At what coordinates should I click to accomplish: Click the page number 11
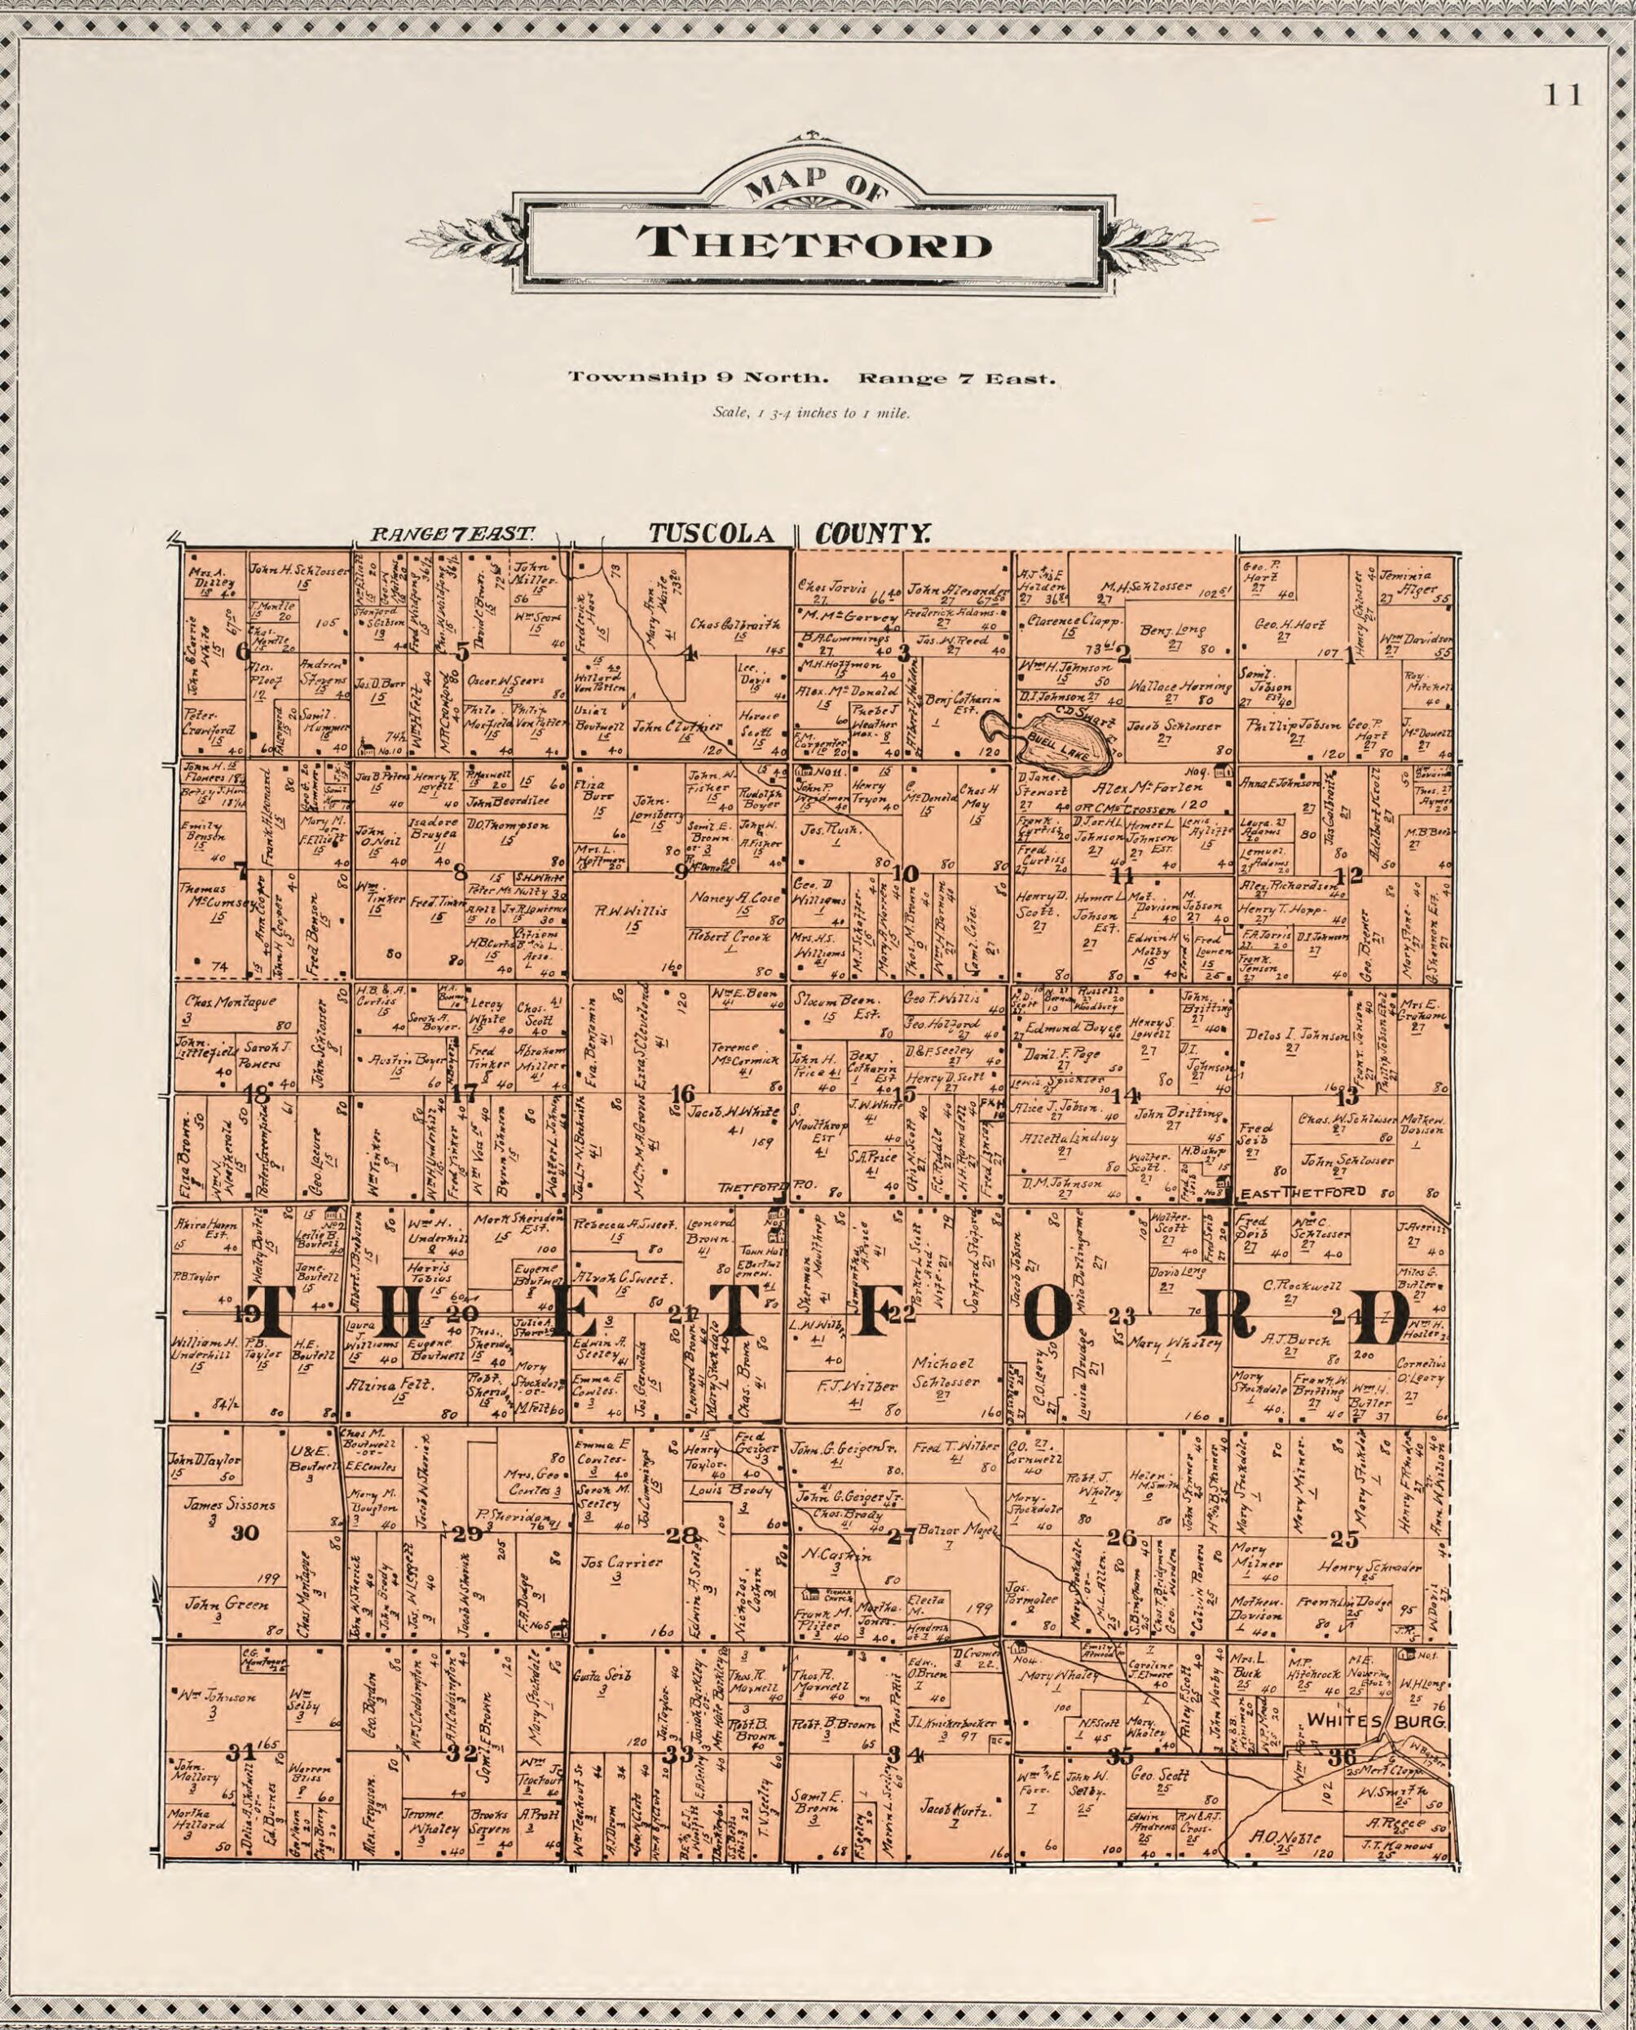(x=1564, y=96)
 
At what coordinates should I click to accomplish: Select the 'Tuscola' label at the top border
(x=712, y=534)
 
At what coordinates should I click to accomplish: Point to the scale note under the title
(x=811, y=413)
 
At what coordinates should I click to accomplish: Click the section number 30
(x=245, y=1534)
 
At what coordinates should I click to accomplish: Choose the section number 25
(x=1344, y=1539)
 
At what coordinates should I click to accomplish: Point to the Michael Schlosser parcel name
(x=946, y=1372)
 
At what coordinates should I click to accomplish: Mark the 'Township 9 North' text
(x=699, y=378)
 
